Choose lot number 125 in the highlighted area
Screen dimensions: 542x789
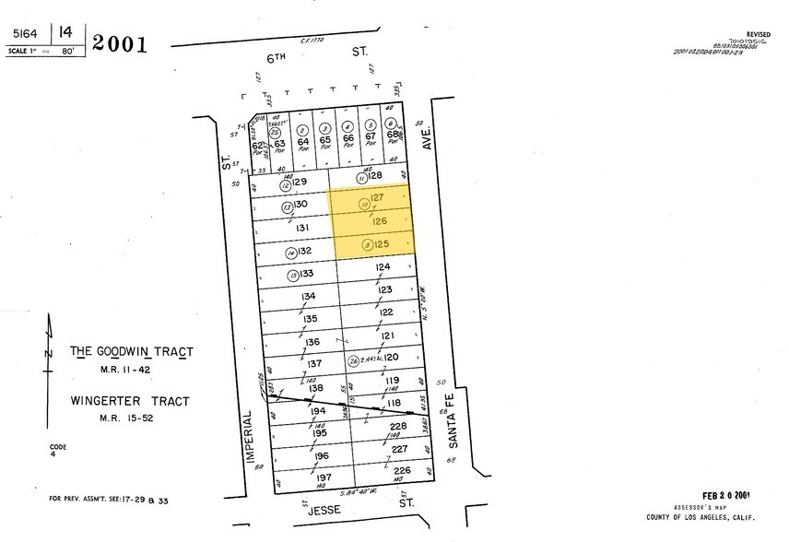click(383, 244)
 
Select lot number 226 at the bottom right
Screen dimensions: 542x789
click(400, 470)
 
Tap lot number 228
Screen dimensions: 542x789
click(398, 426)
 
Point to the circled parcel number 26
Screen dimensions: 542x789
click(353, 361)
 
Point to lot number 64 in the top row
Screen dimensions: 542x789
click(302, 141)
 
